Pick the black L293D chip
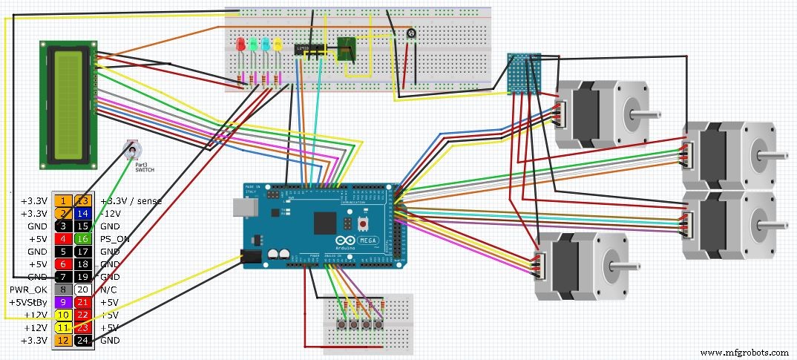(307, 50)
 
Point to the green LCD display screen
(68, 103)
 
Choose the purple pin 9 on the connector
(64, 302)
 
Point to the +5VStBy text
(27, 302)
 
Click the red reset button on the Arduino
(364, 223)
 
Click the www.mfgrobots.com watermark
(744, 352)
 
